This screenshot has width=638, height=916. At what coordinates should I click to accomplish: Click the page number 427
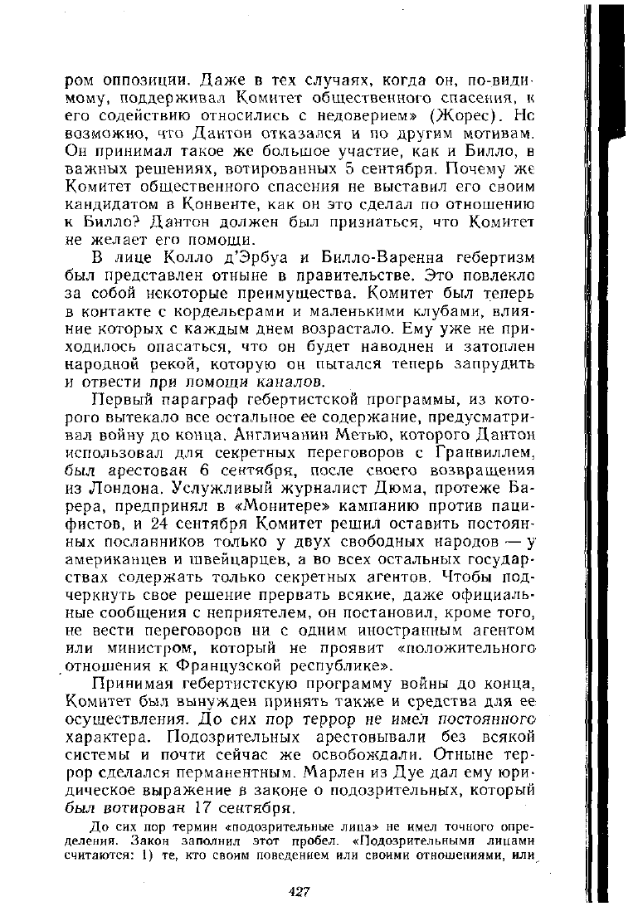tap(299, 890)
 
